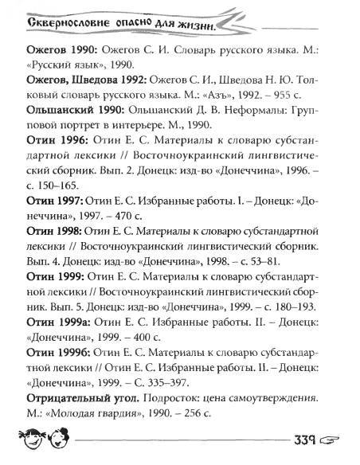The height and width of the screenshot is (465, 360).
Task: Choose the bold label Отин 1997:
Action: [49, 207]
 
